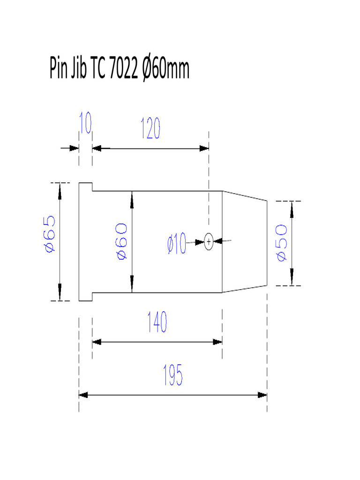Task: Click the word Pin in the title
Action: tap(59, 69)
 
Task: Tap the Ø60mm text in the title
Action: tap(165, 69)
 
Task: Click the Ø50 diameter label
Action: tap(281, 242)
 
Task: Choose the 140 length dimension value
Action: tap(157, 322)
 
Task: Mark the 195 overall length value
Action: tap(172, 375)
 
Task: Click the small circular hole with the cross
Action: tap(209, 241)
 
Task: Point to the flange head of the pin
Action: tap(85, 241)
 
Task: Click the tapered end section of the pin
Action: tap(244, 241)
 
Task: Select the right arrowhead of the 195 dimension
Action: tap(262, 395)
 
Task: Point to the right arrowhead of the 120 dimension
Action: tap(204, 148)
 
